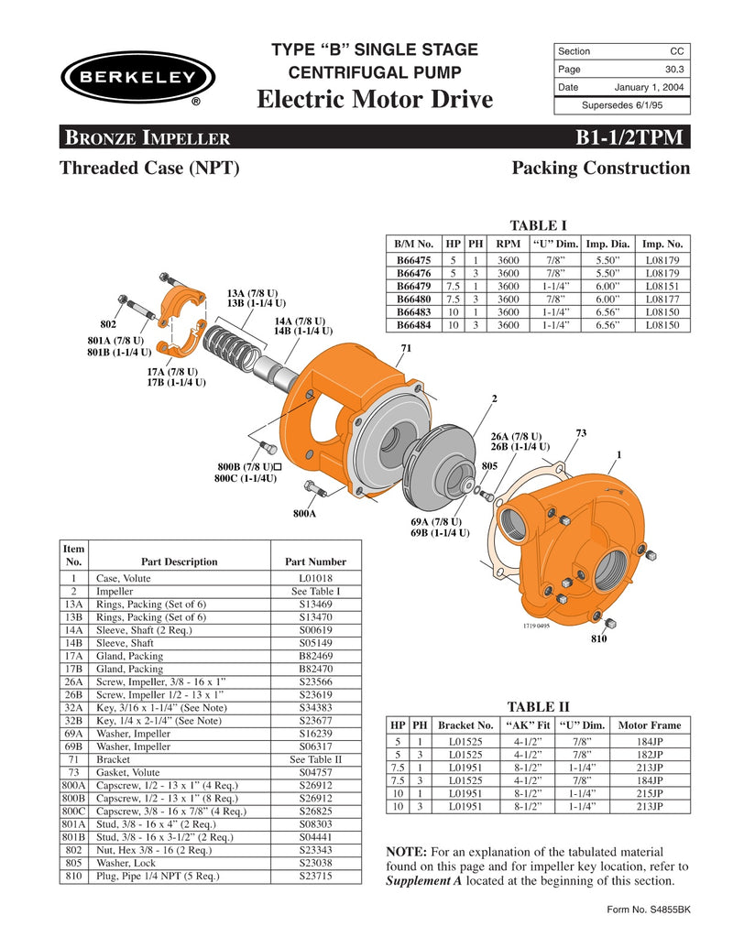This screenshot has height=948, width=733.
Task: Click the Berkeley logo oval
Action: [x=138, y=77]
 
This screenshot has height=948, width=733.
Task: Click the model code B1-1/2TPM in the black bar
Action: [x=629, y=137]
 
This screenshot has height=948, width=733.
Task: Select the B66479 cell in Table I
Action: [x=413, y=285]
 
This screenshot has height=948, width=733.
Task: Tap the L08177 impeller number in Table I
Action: [x=663, y=298]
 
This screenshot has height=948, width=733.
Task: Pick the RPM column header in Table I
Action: [x=507, y=245]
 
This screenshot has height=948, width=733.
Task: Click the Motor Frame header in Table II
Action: [x=650, y=724]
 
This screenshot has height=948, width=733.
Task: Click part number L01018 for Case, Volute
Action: [x=316, y=579]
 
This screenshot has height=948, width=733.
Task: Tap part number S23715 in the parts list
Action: [x=316, y=876]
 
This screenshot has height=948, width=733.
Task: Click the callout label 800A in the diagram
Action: [x=304, y=514]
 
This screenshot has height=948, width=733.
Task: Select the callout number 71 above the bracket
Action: [x=407, y=349]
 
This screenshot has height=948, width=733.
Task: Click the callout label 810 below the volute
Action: [x=597, y=638]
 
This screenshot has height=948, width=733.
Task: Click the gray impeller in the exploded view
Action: [x=437, y=463]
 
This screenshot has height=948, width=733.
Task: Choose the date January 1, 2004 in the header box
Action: [x=649, y=87]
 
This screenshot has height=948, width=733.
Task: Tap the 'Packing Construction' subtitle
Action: [x=600, y=169]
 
